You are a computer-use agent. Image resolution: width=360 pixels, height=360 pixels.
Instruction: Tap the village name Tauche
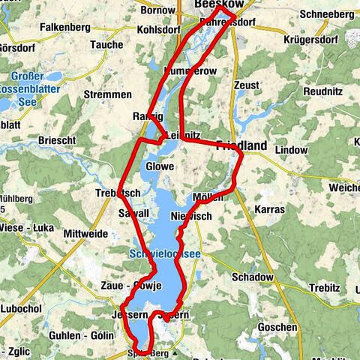(x=106, y=45)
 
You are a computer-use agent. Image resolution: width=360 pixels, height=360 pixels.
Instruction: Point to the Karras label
(x=268, y=209)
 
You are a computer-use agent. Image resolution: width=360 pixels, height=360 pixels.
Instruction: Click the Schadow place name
(x=253, y=277)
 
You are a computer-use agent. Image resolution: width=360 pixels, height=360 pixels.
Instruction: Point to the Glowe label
(x=160, y=166)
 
